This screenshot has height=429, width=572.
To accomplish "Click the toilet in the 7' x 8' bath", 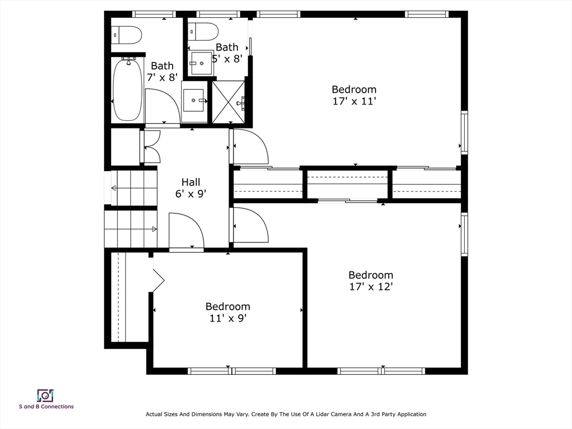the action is (x=126, y=35).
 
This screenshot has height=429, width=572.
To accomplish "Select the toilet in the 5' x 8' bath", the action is (x=203, y=32).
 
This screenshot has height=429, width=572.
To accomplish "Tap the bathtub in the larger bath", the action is (x=127, y=90).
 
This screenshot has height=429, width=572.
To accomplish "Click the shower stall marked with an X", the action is (x=228, y=102).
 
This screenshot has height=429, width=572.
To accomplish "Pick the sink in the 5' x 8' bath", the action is (x=201, y=64).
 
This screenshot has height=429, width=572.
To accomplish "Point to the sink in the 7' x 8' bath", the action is (x=194, y=101).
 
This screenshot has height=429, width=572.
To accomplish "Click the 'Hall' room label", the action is (x=191, y=182).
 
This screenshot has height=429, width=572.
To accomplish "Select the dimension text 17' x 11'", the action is (x=354, y=102).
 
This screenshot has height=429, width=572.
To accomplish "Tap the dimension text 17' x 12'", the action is (x=371, y=287).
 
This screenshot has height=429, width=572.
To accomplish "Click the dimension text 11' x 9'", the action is (x=228, y=318).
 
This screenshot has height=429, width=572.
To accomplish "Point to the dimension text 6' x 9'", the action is (x=191, y=194).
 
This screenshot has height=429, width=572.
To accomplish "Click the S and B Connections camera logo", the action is (x=45, y=395).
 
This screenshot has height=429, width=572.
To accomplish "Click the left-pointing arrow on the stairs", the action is (x=114, y=188).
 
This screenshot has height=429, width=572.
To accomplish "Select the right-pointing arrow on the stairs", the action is (x=154, y=229).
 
